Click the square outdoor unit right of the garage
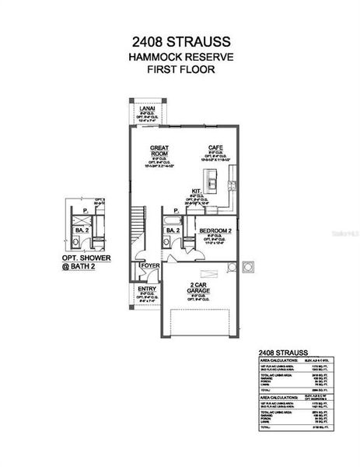249,267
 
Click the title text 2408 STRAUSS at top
180,40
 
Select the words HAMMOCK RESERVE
180,57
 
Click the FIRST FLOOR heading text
180,70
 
